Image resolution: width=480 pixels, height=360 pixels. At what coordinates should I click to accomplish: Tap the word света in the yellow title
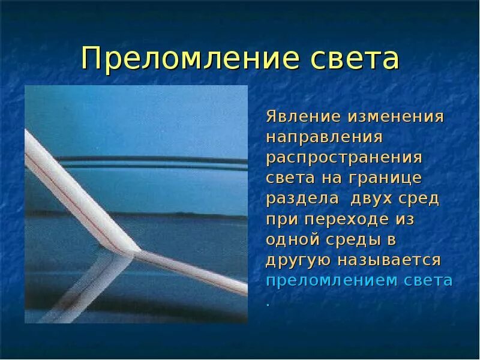pyautogui.click(x=355, y=59)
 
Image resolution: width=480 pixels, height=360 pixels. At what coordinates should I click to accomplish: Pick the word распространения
pyautogui.click(x=345, y=158)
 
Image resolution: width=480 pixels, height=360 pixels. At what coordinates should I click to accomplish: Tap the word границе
pyautogui.click(x=391, y=178)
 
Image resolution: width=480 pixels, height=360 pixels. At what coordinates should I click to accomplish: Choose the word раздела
pyautogui.click(x=299, y=199)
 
